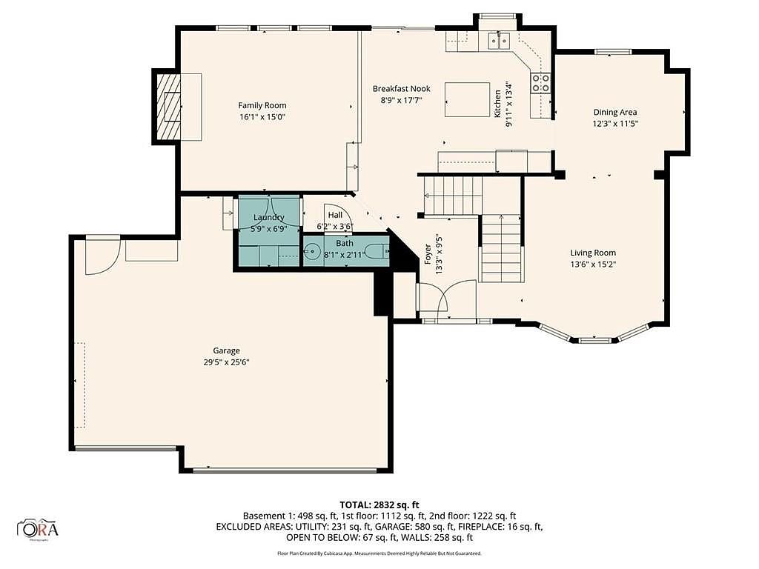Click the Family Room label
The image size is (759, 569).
262,105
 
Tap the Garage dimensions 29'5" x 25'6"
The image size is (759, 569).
226,362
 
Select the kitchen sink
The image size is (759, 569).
499,40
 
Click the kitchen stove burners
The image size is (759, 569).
541,82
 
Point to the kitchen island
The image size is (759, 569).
467,100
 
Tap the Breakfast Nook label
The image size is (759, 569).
401,89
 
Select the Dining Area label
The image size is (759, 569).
615,113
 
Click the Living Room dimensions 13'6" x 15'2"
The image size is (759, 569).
593,264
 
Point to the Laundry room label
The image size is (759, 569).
268,218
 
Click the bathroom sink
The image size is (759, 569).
312,251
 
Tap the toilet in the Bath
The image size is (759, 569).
377,251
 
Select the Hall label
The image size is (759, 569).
335,215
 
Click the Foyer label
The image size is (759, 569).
428,254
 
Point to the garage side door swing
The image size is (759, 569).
102,256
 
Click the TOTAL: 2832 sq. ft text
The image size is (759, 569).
379,505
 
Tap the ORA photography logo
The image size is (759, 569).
38,528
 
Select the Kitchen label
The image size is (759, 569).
497,104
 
